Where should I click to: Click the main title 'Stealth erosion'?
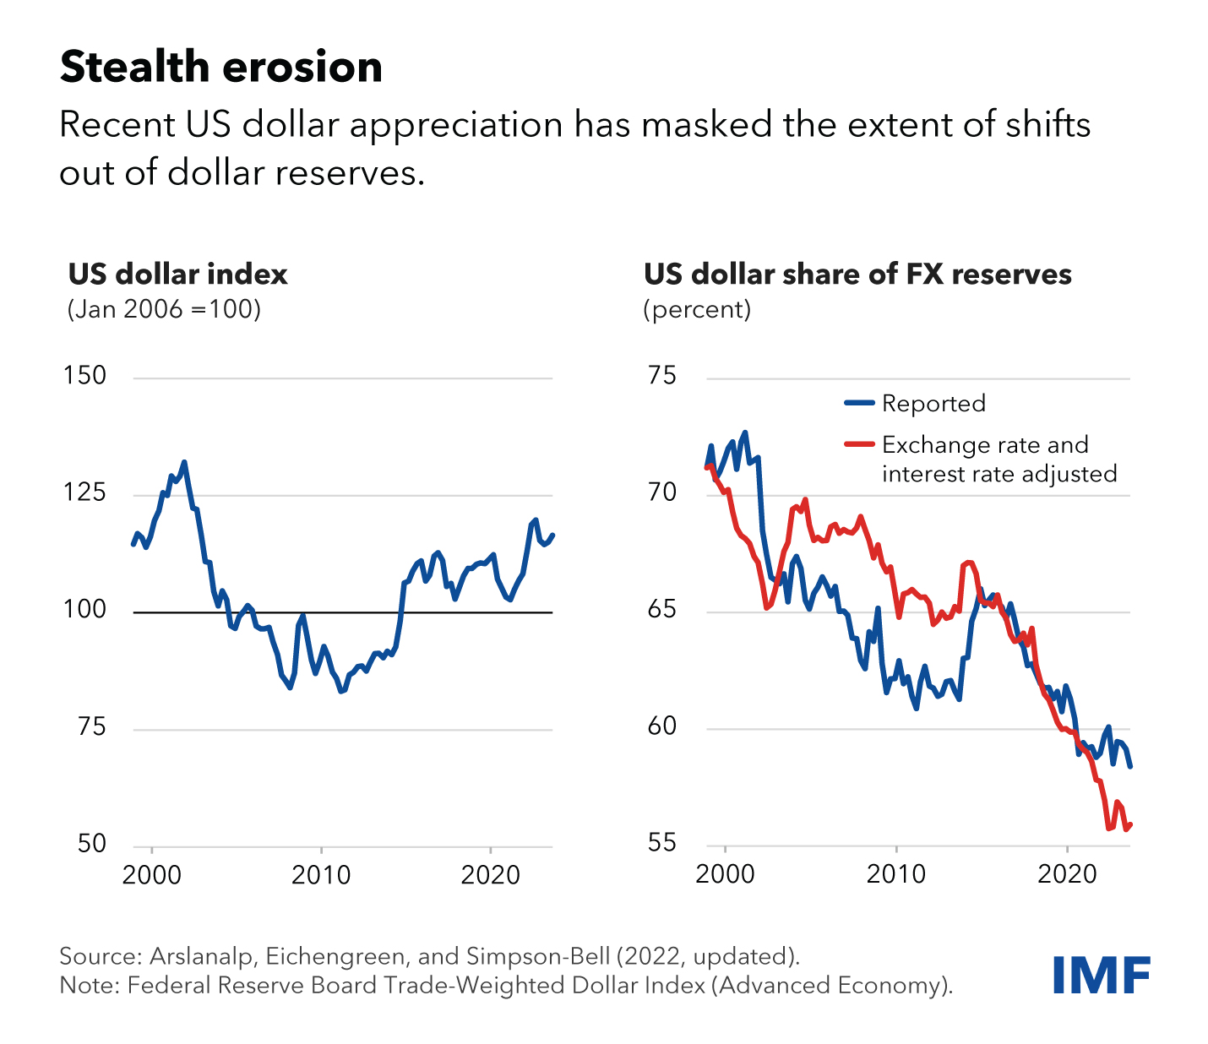click(x=220, y=68)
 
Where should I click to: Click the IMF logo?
click(x=1101, y=976)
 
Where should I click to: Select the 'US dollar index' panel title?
click(x=178, y=275)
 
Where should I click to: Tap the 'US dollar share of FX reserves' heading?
click(x=857, y=275)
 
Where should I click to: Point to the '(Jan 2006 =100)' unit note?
click(x=164, y=309)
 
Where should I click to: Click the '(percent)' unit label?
click(x=697, y=309)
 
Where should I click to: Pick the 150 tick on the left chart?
click(x=84, y=376)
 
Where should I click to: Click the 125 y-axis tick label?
click(x=84, y=492)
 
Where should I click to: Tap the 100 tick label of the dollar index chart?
click(x=84, y=610)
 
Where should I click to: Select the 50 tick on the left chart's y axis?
click(x=91, y=844)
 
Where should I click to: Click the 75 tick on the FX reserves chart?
click(x=662, y=376)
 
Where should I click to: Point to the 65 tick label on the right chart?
click(x=662, y=610)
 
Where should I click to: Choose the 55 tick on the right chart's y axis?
click(x=662, y=844)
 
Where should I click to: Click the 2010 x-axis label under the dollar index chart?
click(x=321, y=875)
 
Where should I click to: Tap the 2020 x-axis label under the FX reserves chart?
click(x=1067, y=875)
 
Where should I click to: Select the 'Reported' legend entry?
click(x=933, y=404)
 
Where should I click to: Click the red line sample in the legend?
click(x=859, y=444)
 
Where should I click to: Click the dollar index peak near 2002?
click(x=184, y=462)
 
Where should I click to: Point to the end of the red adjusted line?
click(x=1130, y=825)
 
